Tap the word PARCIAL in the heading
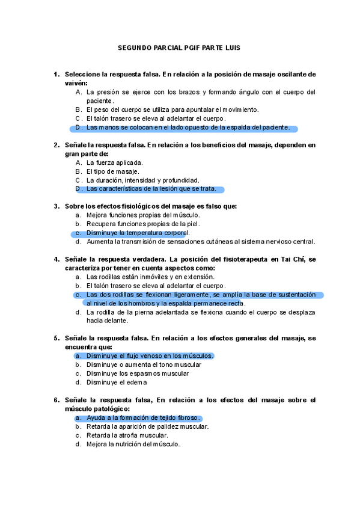162,48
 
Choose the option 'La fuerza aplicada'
114,162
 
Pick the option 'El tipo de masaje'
112,171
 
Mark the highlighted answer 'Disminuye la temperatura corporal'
138,233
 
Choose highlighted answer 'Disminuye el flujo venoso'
150,356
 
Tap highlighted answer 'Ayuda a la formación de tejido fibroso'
144,418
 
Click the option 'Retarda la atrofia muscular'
127,435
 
